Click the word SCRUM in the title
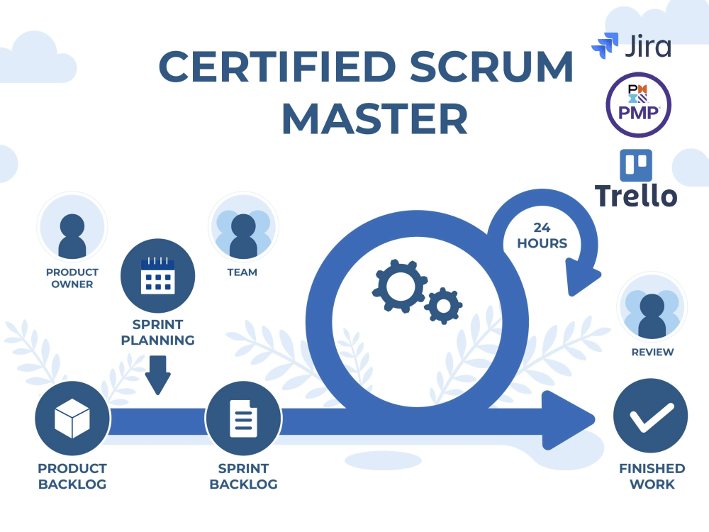click(x=492, y=67)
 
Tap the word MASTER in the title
click(x=375, y=119)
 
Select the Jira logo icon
click(x=605, y=45)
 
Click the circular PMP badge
click(x=639, y=104)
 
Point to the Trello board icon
click(x=636, y=165)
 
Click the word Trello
click(x=636, y=196)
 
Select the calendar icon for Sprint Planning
click(x=158, y=275)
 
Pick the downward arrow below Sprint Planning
click(x=158, y=375)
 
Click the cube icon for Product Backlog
click(x=72, y=418)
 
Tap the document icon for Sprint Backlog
click(x=244, y=419)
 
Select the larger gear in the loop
click(x=400, y=286)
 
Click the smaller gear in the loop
click(x=443, y=306)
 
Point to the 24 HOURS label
click(x=542, y=235)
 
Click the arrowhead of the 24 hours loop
click(x=581, y=277)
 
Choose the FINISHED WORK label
click(x=652, y=476)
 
